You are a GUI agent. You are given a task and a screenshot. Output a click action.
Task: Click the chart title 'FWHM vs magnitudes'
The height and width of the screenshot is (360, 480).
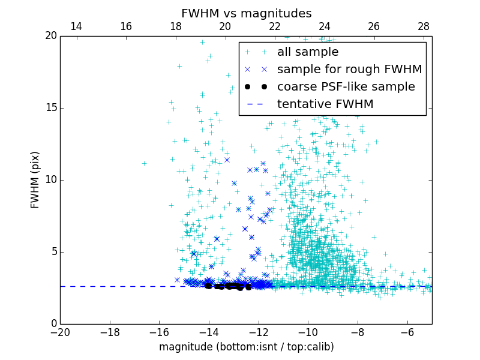246,13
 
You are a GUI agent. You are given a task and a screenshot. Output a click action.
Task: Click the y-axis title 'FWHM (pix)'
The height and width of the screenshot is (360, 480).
35,180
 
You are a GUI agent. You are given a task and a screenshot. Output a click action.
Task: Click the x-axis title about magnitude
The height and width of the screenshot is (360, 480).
246,347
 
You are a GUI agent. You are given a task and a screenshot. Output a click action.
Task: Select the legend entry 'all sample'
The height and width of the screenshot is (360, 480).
308,52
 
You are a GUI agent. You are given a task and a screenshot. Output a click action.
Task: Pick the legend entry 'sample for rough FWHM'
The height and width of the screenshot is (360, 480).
349,69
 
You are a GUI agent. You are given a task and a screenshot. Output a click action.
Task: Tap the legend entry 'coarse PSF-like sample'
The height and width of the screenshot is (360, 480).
346,86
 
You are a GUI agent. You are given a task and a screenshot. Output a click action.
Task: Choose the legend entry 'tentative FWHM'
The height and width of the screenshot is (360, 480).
325,104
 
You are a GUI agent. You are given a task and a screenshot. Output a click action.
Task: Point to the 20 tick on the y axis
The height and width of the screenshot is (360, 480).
50,36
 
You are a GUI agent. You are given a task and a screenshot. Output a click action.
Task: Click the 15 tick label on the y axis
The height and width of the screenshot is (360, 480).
50,108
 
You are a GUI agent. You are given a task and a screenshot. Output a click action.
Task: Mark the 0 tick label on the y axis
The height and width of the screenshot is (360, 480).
53,324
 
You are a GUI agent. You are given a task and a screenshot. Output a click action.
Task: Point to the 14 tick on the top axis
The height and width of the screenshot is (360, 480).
76,26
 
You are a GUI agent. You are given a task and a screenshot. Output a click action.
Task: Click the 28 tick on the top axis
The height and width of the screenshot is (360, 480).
424,26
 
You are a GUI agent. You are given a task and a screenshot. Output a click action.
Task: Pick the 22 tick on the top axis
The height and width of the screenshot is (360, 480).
275,26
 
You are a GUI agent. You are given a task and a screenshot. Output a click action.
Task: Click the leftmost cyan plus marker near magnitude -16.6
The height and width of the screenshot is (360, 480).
144,163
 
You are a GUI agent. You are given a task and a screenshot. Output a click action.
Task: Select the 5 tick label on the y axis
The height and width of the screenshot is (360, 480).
53,252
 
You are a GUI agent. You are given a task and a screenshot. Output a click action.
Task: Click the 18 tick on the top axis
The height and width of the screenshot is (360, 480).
176,26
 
